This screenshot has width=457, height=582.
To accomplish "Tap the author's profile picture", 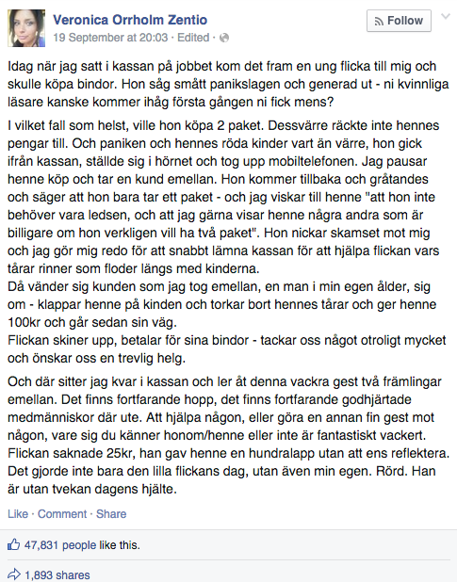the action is pyautogui.click(x=27, y=27).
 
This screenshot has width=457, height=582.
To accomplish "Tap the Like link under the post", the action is pyautogui.click(x=18, y=514).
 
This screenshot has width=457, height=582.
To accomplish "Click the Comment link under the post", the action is pyautogui.click(x=61, y=514).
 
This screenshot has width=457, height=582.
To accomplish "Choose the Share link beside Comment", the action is pyautogui.click(x=110, y=514).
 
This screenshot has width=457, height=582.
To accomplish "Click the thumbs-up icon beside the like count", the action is pyautogui.click(x=15, y=543).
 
